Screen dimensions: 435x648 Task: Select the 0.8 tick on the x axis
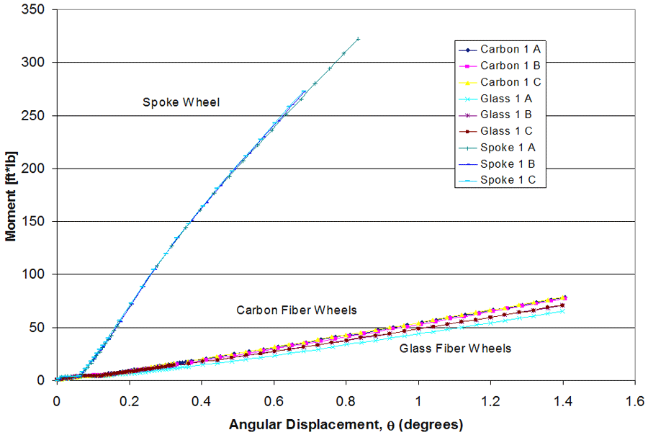[346, 398]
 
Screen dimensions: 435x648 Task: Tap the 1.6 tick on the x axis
[635, 398]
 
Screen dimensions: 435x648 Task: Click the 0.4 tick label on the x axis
[202, 398]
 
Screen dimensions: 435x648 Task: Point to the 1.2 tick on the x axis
[491, 398]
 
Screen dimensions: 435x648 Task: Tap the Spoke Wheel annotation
[181, 103]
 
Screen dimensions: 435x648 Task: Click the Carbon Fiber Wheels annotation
[297, 310]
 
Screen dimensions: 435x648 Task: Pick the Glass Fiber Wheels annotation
[454, 349]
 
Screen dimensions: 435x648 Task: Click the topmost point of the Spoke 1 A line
[358, 39]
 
